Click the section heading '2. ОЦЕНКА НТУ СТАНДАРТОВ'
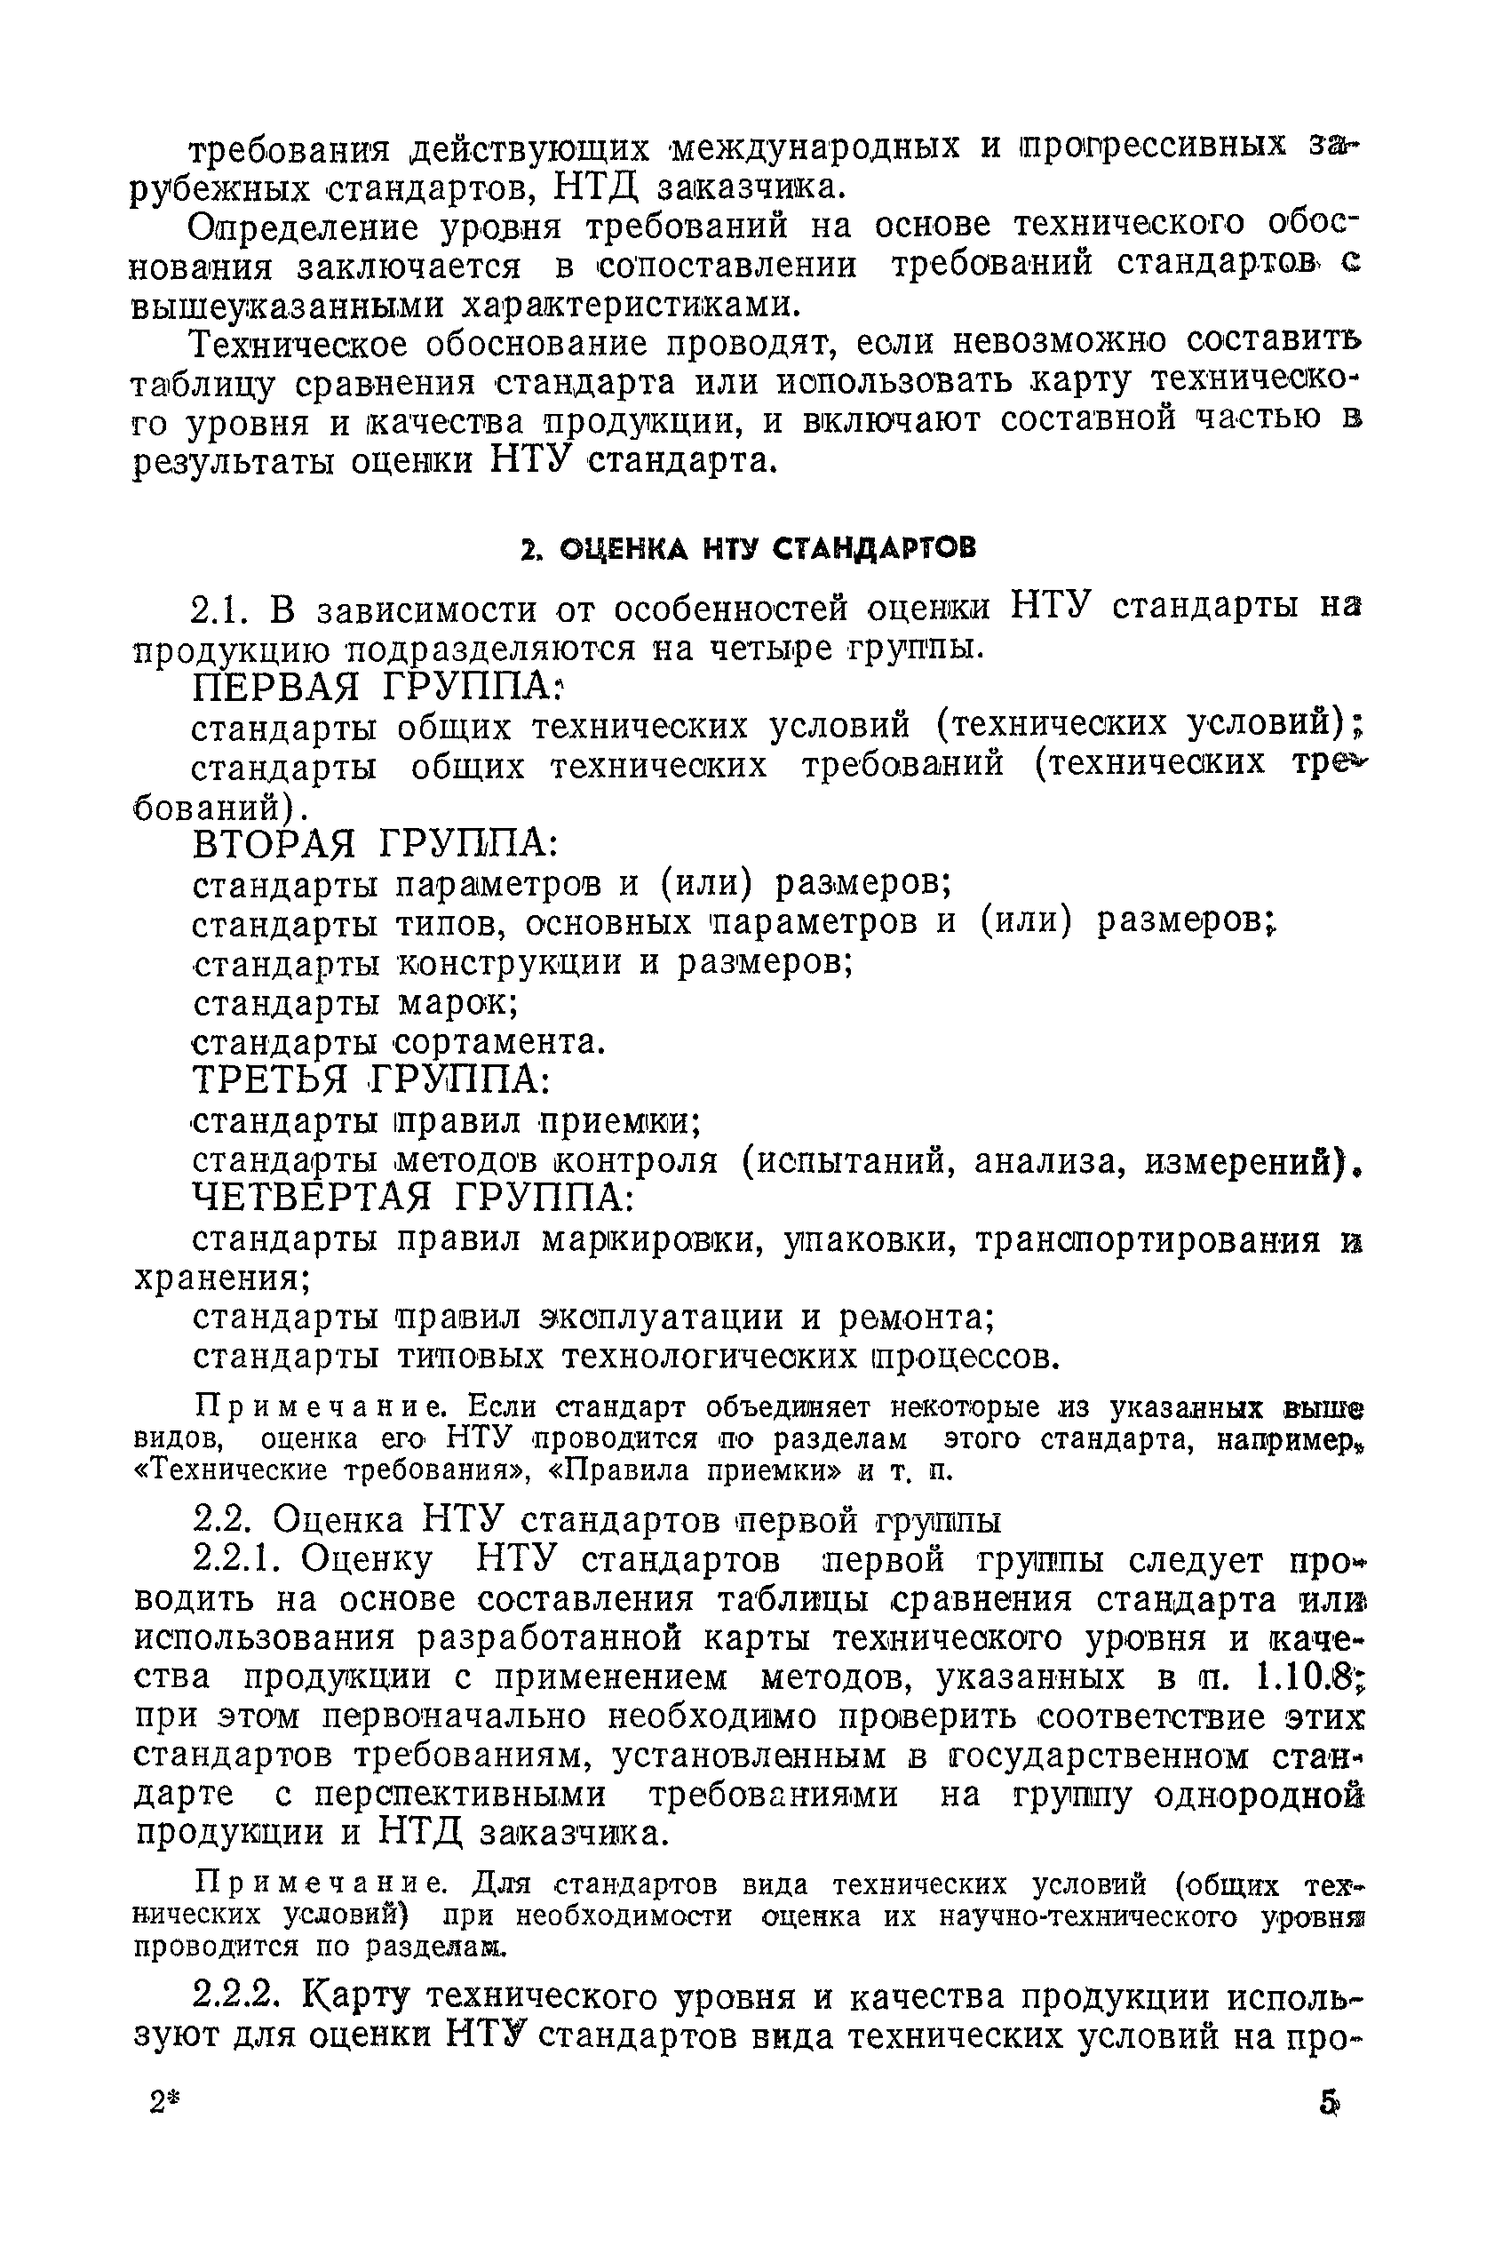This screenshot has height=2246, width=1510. point(746,548)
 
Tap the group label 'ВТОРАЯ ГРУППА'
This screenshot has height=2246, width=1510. point(376,845)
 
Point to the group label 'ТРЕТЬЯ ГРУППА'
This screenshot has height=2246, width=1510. point(371,1079)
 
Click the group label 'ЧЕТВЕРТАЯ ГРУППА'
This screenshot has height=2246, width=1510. point(414,1197)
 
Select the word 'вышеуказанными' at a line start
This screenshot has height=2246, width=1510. point(289,306)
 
